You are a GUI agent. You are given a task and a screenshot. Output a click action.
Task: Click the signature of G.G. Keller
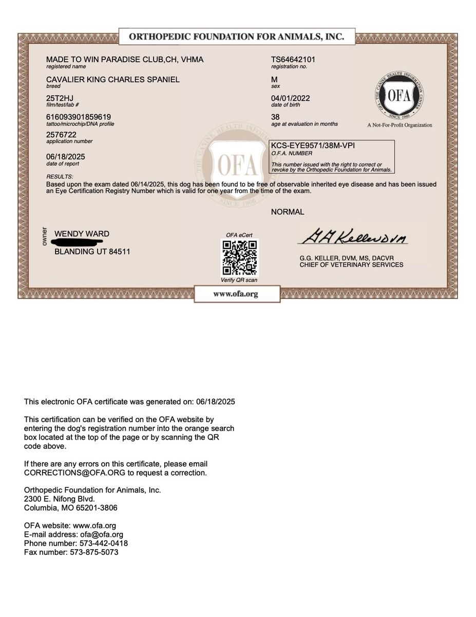pos(353,238)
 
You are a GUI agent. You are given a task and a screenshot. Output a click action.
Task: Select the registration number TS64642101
pos(293,60)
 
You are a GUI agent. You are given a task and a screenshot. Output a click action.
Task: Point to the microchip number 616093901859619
pos(79,117)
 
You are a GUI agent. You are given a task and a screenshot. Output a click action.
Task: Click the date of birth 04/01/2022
pos(291,98)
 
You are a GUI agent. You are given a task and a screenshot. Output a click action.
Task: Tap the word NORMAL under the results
pos(288,212)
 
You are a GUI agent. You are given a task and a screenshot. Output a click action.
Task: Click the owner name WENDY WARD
pos(82,234)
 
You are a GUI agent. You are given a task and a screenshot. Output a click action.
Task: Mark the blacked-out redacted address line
pos(82,243)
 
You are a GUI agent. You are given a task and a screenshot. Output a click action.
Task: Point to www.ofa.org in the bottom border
pos(236,295)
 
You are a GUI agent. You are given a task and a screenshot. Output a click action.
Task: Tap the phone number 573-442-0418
pos(103,543)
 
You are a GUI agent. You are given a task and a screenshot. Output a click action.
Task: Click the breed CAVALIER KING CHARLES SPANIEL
pos(113,80)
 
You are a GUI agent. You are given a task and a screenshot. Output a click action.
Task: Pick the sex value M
pos(274,80)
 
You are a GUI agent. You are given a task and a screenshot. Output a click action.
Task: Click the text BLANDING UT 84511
pos(92,252)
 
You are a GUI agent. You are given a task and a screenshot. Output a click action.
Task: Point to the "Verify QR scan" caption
pos(239,280)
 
